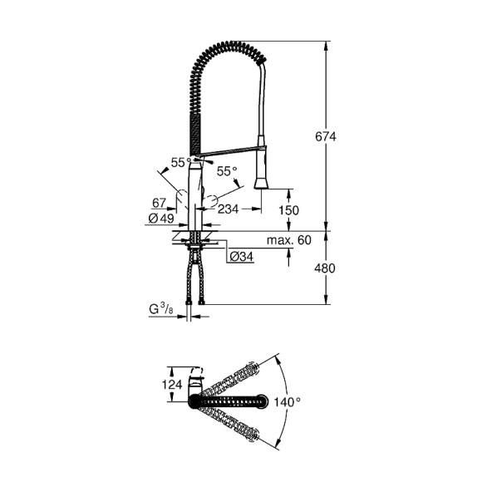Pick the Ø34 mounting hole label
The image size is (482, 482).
pos(241,256)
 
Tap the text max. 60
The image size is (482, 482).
pos(289,240)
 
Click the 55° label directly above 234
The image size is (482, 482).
pos(226,170)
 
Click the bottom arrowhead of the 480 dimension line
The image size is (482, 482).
pos(324,305)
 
